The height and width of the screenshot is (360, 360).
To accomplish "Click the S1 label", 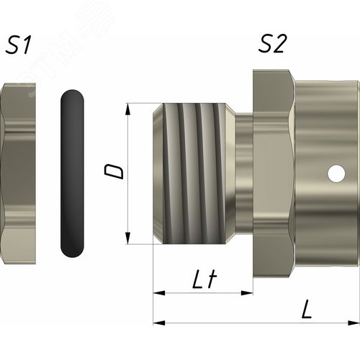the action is coord(18,45).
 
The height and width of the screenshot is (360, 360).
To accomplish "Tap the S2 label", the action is coord(273,43).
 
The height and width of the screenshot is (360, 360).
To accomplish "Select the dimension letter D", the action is coord(114,171).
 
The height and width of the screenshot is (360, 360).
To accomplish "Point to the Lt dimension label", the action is coord(204,279).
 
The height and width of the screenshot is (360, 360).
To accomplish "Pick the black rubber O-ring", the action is coord(72,174).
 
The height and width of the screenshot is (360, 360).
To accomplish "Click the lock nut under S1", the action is coord(18,174).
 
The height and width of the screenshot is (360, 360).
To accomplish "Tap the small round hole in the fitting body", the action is coord(336,173).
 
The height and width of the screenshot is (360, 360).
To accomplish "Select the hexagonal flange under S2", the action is coord(274,174).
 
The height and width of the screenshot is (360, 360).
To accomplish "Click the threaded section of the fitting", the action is coord(194,174).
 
